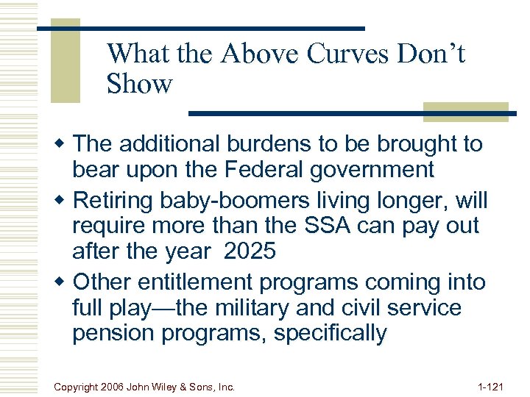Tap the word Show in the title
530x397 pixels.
click(139, 84)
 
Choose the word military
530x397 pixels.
click(274, 307)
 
